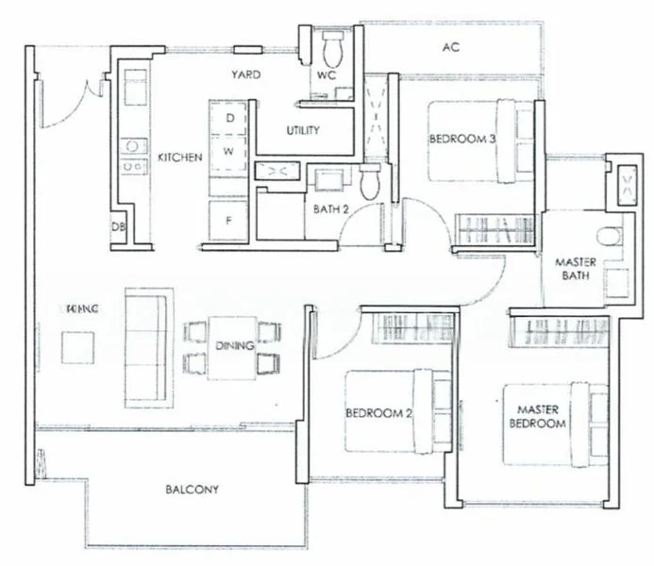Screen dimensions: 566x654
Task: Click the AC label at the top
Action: [450, 47]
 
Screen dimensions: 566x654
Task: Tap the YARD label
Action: [246, 75]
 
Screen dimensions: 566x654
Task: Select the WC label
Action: [327, 75]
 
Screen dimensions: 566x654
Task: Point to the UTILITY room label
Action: [302, 130]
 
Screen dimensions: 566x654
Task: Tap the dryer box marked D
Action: [228, 119]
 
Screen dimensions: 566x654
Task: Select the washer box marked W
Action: [228, 150]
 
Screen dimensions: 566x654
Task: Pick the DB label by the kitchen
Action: [119, 227]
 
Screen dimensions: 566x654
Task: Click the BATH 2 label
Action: [331, 209]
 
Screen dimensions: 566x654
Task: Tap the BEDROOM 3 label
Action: [462, 139]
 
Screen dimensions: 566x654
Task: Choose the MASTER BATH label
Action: [574, 268]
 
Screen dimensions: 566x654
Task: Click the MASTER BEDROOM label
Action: [541, 417]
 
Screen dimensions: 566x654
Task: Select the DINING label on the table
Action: [234, 346]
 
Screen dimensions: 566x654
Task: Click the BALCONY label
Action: [192, 490]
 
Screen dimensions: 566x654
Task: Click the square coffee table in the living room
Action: [78, 346]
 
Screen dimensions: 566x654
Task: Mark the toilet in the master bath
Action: [611, 236]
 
